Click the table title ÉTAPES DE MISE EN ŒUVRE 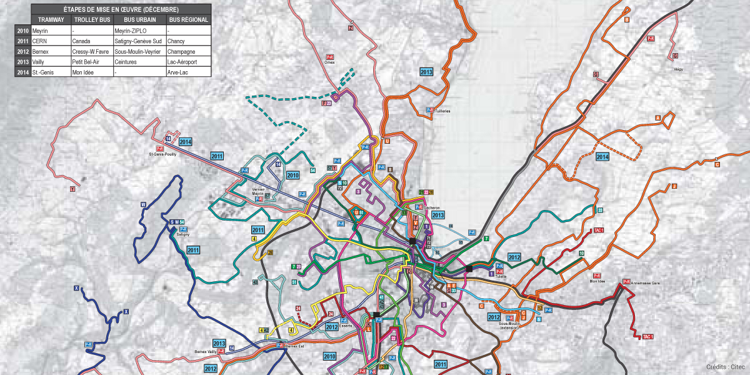pyautogui.click(x=112, y=9)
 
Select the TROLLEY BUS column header pyautogui.click(x=91, y=20)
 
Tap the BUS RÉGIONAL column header pyautogui.click(x=188, y=20)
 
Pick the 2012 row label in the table pyautogui.click(x=22, y=51)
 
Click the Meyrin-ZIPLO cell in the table pyautogui.click(x=130, y=31)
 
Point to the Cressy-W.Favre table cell pyautogui.click(x=91, y=51)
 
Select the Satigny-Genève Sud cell pyautogui.click(x=137, y=41)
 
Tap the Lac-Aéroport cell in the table pyautogui.click(x=182, y=62)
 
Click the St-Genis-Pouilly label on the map pyautogui.click(x=162, y=154)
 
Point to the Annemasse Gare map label pyautogui.click(x=646, y=283)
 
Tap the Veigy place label pyautogui.click(x=678, y=69)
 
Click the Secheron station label pyautogui.click(x=432, y=207)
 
